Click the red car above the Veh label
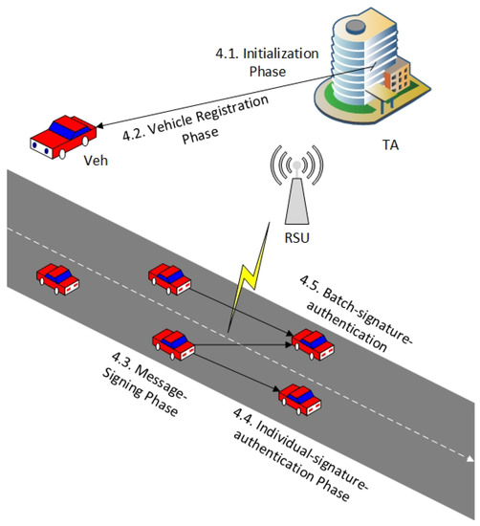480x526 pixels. click(58, 136)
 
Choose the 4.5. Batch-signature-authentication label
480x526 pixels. click(363, 316)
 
